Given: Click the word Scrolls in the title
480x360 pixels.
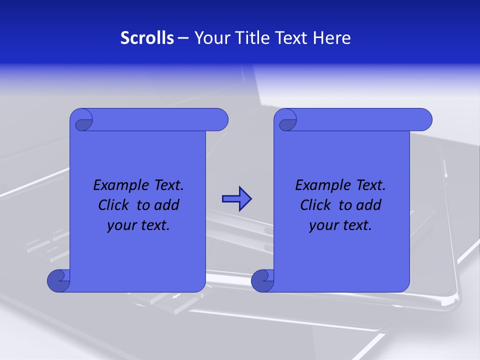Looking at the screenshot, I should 147,38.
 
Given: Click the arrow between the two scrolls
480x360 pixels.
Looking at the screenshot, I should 236,199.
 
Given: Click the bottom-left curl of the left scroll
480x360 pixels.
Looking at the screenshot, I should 58,280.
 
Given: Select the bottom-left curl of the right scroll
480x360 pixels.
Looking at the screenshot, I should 262,280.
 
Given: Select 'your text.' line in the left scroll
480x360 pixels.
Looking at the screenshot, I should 138,225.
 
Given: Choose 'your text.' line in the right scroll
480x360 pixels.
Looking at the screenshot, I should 340,225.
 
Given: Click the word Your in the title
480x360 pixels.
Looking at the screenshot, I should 210,38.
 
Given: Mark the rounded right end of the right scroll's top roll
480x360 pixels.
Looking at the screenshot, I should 425,120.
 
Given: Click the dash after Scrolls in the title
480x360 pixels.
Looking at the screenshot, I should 183,38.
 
